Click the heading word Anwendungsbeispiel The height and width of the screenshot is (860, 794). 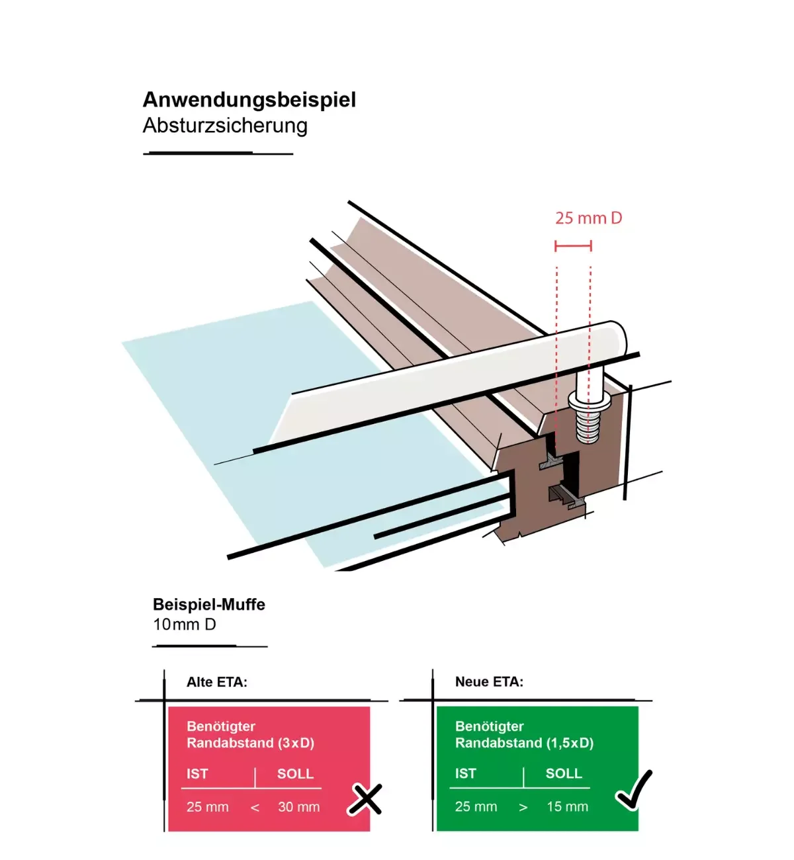tap(249, 100)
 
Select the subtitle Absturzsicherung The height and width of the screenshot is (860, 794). tap(225, 126)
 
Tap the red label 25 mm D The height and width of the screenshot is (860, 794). tap(588, 218)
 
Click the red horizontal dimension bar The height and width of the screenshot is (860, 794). tap(573, 246)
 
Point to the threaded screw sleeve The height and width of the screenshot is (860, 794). tap(586, 421)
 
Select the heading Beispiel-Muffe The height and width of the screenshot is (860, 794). tap(209, 605)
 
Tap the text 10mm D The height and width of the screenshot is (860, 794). tap(185, 624)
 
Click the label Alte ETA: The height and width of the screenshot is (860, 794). tap(217, 682)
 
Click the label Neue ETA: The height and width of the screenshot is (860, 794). tap(489, 682)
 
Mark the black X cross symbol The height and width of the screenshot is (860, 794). tap(365, 799)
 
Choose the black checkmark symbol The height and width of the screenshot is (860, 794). tap(634, 790)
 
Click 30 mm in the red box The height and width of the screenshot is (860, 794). tap(298, 807)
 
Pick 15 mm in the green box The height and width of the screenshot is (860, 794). tap(567, 807)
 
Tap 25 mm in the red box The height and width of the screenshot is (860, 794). tap(208, 807)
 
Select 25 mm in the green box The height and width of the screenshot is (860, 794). tap(476, 807)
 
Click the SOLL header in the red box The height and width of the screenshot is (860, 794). tap(295, 774)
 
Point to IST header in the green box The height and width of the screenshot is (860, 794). tap(465, 774)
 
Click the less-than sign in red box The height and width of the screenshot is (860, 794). tap(255, 808)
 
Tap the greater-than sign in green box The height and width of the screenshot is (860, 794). tap(523, 808)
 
